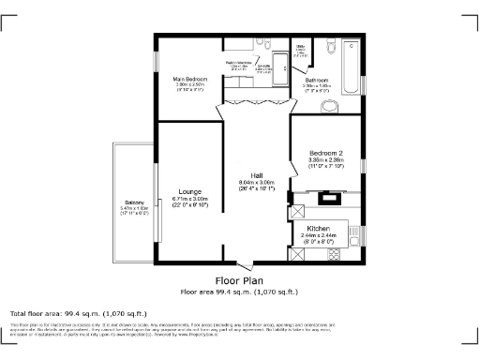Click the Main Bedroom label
pyautogui.click(x=190, y=79)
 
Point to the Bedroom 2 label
pyautogui.click(x=326, y=153)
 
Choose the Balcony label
pyautogui.click(x=135, y=203)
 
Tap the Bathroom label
pyautogui.click(x=316, y=81)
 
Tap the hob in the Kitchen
pyautogui.click(x=331, y=197)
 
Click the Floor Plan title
pyautogui.click(x=240, y=280)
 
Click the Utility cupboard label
pyautogui.click(x=300, y=46)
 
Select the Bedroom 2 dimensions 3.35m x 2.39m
pyautogui.click(x=326, y=160)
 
